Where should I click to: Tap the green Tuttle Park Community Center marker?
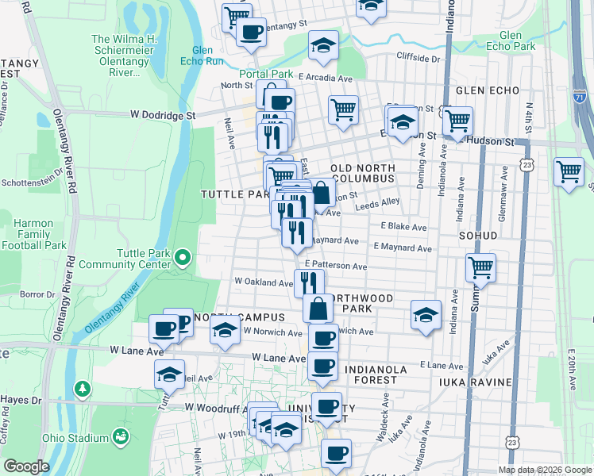pyautogui.click(x=183, y=256)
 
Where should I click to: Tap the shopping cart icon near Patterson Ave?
pyautogui.click(x=480, y=268)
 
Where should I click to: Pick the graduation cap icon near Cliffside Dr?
pyautogui.click(x=323, y=45)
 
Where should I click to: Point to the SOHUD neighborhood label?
pyautogui.click(x=477, y=236)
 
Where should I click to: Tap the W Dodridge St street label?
pyautogui.click(x=164, y=115)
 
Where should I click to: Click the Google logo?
pyautogui.click(x=26, y=466)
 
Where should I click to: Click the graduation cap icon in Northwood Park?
pyautogui.click(x=426, y=315)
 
